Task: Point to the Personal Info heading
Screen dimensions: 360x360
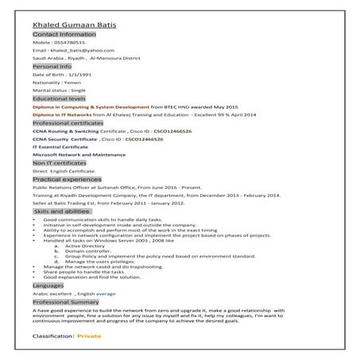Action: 52,68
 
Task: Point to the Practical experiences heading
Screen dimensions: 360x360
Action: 68,180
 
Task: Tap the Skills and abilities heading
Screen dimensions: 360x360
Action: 62,212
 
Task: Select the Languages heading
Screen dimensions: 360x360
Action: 48,285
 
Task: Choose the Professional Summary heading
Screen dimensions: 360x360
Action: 72,302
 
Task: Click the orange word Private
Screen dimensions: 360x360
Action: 90,338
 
